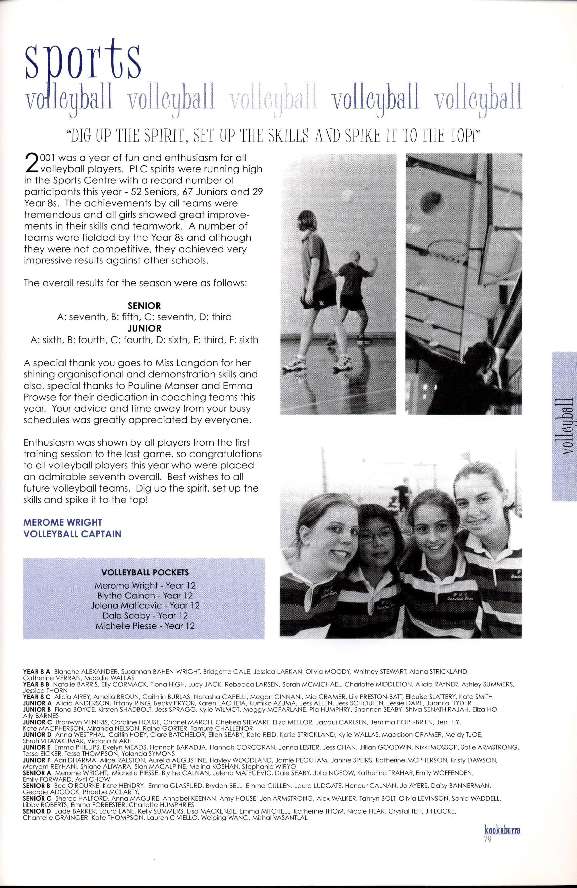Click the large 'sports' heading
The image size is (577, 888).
point(82,60)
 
